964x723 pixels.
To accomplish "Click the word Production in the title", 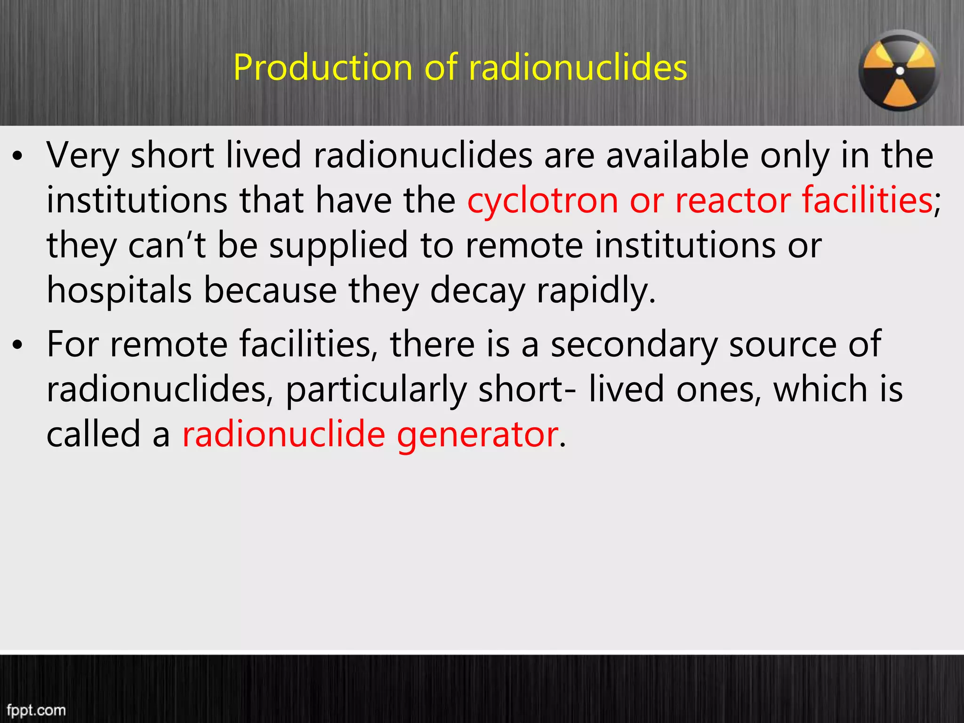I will click(x=323, y=67).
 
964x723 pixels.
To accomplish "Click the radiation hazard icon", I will click(x=899, y=71).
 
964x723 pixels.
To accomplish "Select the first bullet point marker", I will click(x=18, y=158).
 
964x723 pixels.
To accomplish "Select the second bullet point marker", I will click(x=18, y=346).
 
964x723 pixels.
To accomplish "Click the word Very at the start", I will click(x=82, y=155).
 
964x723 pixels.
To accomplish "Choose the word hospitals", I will click(x=119, y=290).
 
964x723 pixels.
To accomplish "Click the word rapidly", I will click(x=596, y=290).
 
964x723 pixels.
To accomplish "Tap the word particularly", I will click(x=376, y=390).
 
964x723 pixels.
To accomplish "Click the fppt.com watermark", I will click(x=36, y=709).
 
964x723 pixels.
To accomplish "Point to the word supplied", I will click(x=338, y=246).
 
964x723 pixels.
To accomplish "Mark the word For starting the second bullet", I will click(x=72, y=345).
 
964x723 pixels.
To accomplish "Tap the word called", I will click(x=94, y=434).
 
